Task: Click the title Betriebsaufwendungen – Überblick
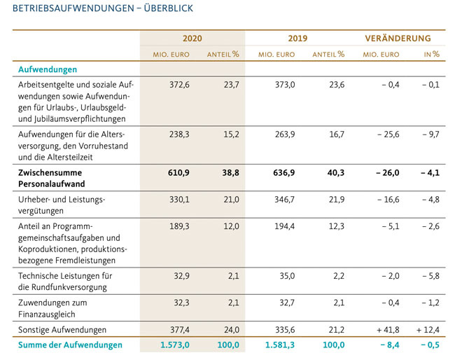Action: click(98, 9)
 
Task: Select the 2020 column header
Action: click(192, 39)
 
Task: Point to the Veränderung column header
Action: click(398, 39)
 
